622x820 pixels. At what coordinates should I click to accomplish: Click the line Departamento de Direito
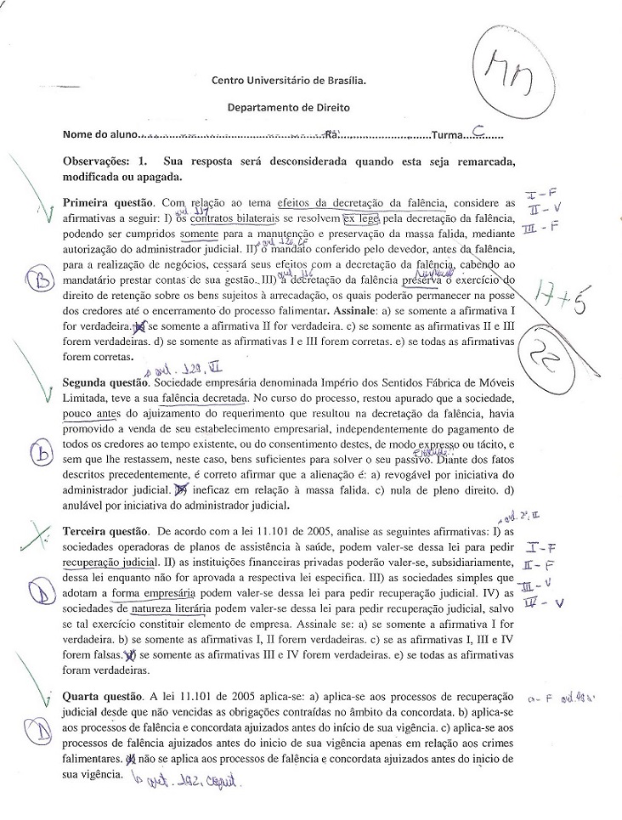[288, 108]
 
